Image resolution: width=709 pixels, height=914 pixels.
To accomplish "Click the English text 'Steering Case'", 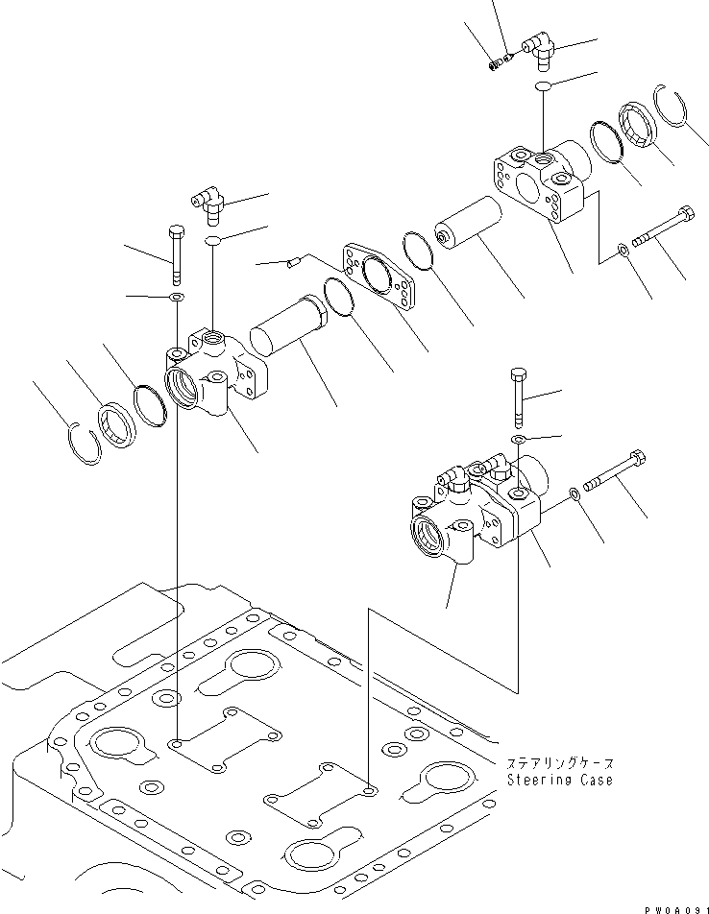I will pos(559,780).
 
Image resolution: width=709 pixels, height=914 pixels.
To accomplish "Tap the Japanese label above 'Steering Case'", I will pos(559,763).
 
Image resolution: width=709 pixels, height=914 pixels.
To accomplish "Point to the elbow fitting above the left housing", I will pos(207,204).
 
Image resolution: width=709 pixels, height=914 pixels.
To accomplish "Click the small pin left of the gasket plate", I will pos(295,260).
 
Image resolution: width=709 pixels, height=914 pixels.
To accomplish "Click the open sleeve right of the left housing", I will pos(289,327).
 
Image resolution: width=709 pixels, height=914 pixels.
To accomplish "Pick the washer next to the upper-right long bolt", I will pos(625,251).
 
